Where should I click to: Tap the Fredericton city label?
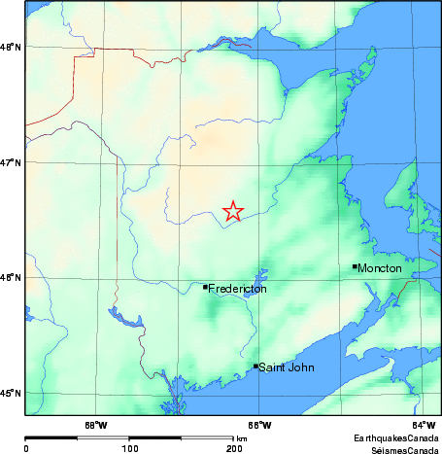click(x=238, y=289)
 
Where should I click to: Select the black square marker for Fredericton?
click(x=205, y=287)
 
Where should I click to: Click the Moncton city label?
click(x=380, y=267)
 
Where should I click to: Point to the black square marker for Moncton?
click(x=355, y=265)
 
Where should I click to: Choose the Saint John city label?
click(x=287, y=367)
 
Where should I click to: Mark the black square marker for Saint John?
click(x=255, y=367)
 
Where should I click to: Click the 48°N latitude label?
click(x=11, y=47)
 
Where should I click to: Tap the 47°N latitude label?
click(x=11, y=162)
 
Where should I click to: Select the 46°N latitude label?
click(x=11, y=278)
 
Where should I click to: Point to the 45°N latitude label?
click(x=11, y=393)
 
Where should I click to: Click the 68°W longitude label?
click(x=95, y=425)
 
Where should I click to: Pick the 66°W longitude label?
click(x=259, y=425)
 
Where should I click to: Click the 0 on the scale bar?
click(x=26, y=449)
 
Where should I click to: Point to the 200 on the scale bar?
click(x=233, y=449)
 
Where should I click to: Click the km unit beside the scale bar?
click(x=242, y=439)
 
